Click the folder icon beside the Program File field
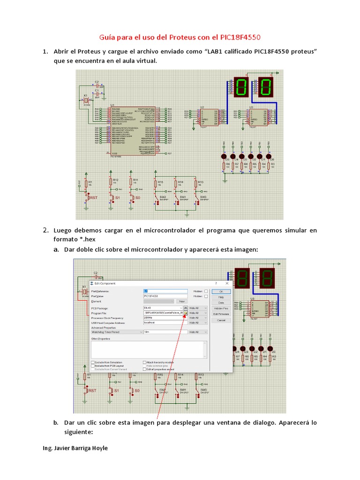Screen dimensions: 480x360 186,312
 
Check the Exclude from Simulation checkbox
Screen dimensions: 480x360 92,362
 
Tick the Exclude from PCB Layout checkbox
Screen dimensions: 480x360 92,366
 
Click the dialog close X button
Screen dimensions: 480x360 227,283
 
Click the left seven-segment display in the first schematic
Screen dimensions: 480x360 242,87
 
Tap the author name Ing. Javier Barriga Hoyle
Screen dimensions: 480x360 75,448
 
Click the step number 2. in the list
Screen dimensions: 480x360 45,230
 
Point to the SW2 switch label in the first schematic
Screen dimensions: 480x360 163,197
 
